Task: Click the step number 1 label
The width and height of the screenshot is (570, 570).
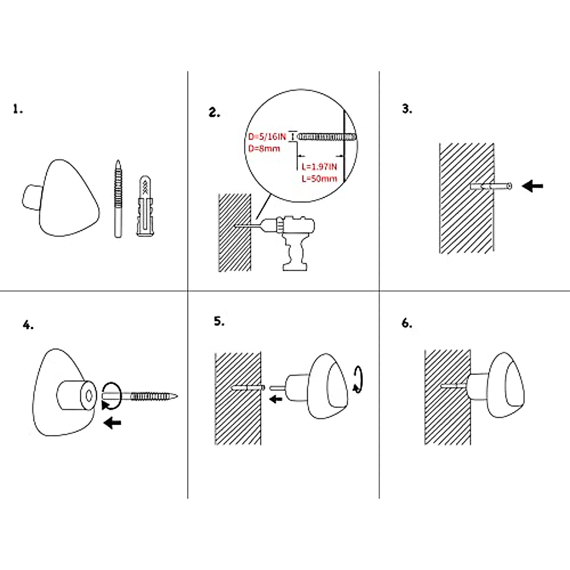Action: click(x=18, y=109)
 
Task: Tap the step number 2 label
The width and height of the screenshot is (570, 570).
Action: click(x=214, y=113)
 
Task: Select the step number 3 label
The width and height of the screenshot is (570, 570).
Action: click(x=407, y=109)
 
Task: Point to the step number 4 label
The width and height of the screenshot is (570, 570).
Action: click(x=28, y=325)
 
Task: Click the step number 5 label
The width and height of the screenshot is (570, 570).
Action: click(x=219, y=322)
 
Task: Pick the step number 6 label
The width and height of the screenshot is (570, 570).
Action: click(x=407, y=323)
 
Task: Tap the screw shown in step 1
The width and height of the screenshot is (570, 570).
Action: click(x=118, y=199)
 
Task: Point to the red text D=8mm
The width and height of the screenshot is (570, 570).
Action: click(x=264, y=148)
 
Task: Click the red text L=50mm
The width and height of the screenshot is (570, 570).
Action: click(x=319, y=179)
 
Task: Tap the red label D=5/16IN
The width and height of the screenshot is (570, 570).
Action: click(x=267, y=137)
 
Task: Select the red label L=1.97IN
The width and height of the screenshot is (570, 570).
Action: click(x=319, y=167)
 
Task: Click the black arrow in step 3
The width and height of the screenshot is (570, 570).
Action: click(x=532, y=186)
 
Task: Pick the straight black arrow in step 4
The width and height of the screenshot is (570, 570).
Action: click(x=112, y=422)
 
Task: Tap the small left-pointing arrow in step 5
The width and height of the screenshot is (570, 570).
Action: click(x=275, y=399)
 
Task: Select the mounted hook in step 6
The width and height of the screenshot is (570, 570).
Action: click(x=499, y=386)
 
